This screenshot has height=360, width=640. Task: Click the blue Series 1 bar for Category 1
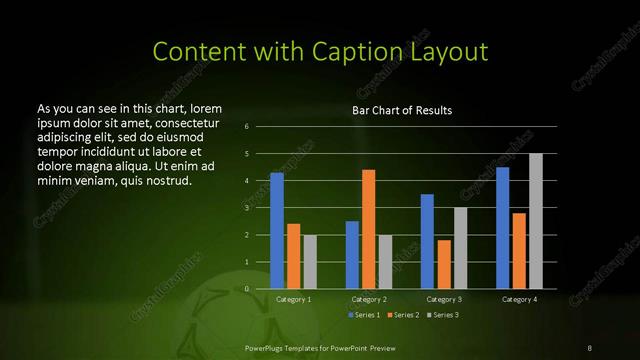tap(277, 231)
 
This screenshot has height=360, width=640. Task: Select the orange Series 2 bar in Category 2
tap(368, 229)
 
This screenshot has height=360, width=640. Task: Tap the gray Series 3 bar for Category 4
tap(535, 221)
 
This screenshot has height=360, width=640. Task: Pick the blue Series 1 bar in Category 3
tap(427, 241)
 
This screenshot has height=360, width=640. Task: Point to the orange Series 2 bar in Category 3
tap(443, 264)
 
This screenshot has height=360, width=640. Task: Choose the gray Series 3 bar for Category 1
tap(309, 262)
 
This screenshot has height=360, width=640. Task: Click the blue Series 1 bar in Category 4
tap(502, 228)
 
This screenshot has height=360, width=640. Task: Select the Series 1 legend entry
tap(364, 315)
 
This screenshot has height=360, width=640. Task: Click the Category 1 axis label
tap(293, 299)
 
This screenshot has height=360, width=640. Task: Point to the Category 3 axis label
tap(443, 299)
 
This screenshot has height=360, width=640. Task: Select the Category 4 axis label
tap(518, 299)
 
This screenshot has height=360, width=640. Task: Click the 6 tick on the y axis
tap(247, 127)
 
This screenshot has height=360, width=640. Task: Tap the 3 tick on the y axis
tap(247, 208)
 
